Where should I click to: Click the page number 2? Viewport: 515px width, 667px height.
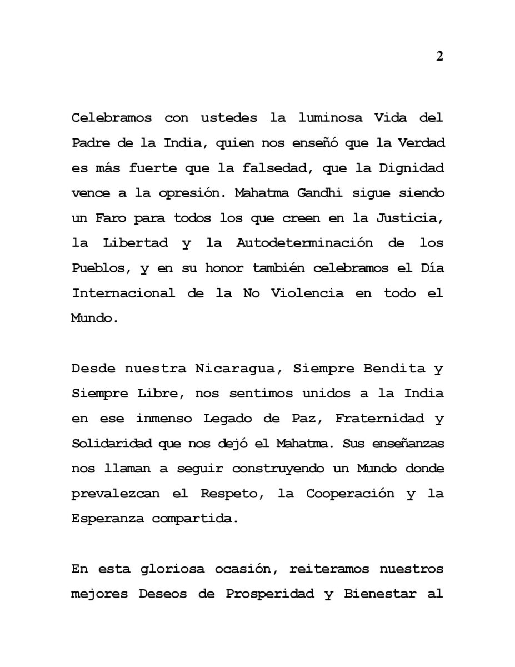439,57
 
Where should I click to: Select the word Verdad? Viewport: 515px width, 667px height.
422,143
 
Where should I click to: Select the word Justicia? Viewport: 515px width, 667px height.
410,218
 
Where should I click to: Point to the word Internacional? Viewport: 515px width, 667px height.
123,293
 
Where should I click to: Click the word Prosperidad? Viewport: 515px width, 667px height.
269,594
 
